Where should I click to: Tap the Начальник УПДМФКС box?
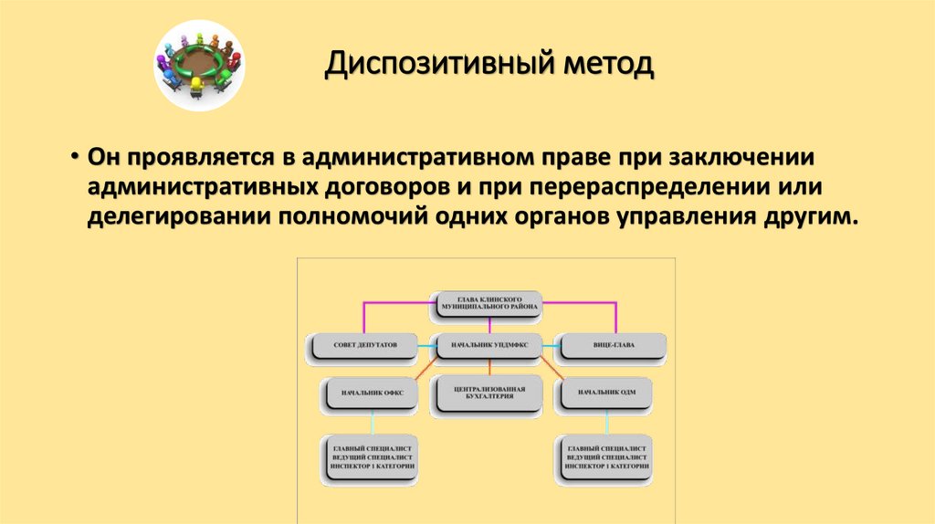coord(487,346)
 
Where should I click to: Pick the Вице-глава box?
coord(612,346)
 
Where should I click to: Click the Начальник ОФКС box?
coord(373,393)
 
